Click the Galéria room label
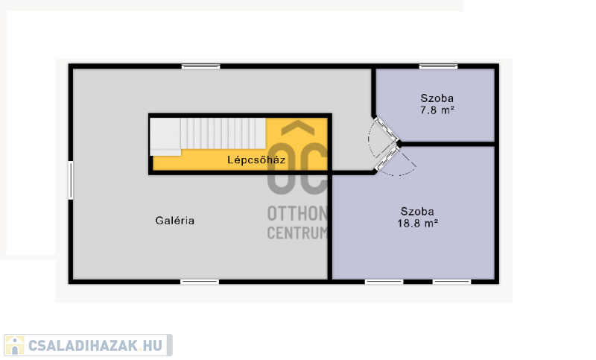pos(175,221)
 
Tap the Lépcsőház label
pos(256,160)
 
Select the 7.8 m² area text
pos(437,110)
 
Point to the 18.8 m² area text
pos(418,223)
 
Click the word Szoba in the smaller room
pos(437,98)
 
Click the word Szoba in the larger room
pos(417,212)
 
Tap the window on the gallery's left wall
pos(71,180)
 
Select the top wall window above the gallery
pos(200,66)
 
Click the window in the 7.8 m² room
pos(438,66)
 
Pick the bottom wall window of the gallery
pos(200,282)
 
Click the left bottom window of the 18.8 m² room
pos(384,282)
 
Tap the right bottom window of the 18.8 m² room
pos(451,282)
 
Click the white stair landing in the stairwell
pos(165,137)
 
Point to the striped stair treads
pos(223,133)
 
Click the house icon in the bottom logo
pos(15,345)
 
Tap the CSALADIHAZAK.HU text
pos(95,346)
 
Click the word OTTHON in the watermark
pos(297,214)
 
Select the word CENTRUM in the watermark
pos(297,233)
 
